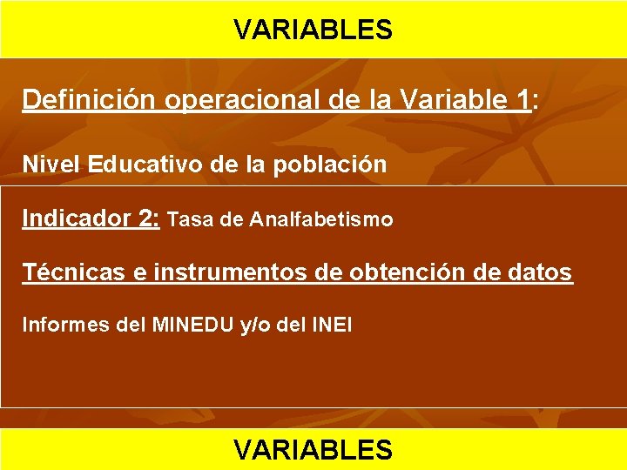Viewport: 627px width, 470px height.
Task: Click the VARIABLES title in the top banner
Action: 313,30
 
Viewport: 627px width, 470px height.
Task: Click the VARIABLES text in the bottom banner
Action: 313,449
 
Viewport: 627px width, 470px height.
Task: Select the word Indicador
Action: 77,218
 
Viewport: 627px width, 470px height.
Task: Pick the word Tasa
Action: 189,219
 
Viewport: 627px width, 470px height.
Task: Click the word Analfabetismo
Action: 320,219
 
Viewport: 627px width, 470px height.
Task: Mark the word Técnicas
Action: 73,272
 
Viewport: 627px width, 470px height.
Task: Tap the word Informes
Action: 60,326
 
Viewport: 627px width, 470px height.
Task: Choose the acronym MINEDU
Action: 192,326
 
